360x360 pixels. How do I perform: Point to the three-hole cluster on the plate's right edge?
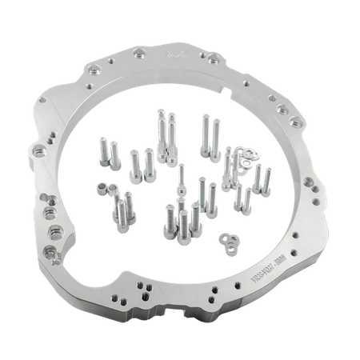pyautogui.click(x=281, y=107)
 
